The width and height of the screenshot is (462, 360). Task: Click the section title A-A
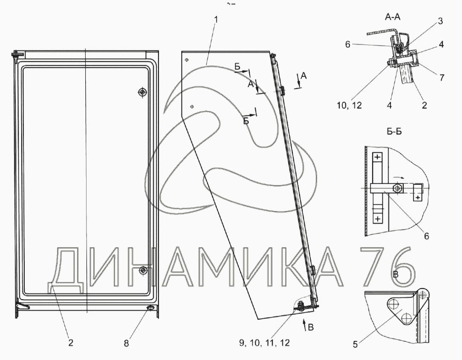(393, 17)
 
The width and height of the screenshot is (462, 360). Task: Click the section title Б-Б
(394, 131)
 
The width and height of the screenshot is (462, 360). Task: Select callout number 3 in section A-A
(440, 21)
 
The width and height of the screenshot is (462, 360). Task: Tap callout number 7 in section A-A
(442, 77)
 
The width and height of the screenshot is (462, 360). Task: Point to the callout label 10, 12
(349, 105)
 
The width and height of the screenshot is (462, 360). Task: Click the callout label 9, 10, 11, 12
(264, 343)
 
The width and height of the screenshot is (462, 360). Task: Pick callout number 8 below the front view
(126, 343)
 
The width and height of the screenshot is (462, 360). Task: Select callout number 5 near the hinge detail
(355, 344)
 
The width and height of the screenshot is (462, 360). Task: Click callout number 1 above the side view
(216, 20)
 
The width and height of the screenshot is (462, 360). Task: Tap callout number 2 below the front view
(70, 343)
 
